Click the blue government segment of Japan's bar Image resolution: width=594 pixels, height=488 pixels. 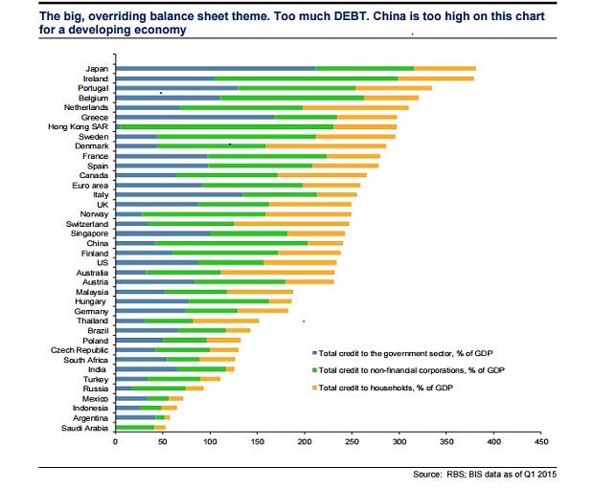pyautogui.click(x=216, y=68)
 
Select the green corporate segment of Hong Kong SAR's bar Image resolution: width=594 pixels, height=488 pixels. pyautogui.click(x=225, y=125)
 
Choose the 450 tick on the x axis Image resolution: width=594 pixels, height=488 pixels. pyautogui.click(x=541, y=442)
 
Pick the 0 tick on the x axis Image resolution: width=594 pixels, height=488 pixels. pyautogui.click(x=115, y=442)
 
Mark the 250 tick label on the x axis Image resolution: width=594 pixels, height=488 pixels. pyautogui.click(x=352, y=442)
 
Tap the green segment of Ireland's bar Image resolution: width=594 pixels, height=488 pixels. pyautogui.click(x=307, y=78)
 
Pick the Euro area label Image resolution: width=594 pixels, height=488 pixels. pyautogui.click(x=93, y=184)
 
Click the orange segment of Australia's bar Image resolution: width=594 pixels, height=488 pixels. pyautogui.click(x=278, y=272)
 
